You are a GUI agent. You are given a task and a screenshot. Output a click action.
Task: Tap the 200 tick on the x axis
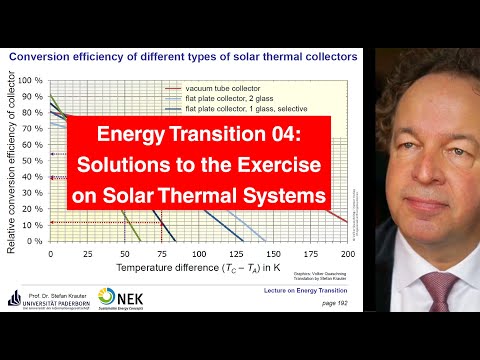pyautogui.click(x=348, y=254)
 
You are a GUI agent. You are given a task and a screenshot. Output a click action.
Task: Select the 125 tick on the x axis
pyautogui.click(x=237, y=254)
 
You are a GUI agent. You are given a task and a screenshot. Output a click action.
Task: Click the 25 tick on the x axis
pyautogui.click(x=88, y=254)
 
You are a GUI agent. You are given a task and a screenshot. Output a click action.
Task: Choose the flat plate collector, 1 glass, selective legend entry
pyautogui.click(x=243, y=111)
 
